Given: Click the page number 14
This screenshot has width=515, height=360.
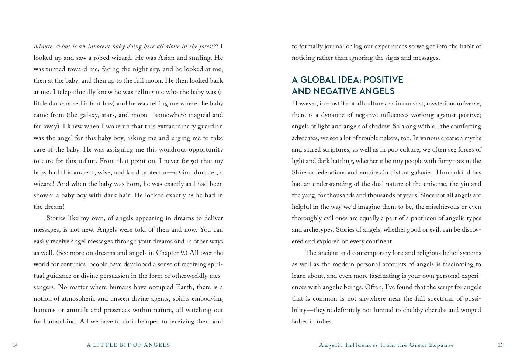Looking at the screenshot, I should [x=15, y=345].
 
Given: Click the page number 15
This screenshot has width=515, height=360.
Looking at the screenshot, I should [x=500, y=345].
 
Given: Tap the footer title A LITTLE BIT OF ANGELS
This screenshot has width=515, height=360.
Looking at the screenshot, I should [x=128, y=345].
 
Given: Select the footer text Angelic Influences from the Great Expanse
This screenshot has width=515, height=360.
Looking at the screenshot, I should [x=386, y=345].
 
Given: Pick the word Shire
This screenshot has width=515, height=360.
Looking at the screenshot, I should [x=301, y=173].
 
